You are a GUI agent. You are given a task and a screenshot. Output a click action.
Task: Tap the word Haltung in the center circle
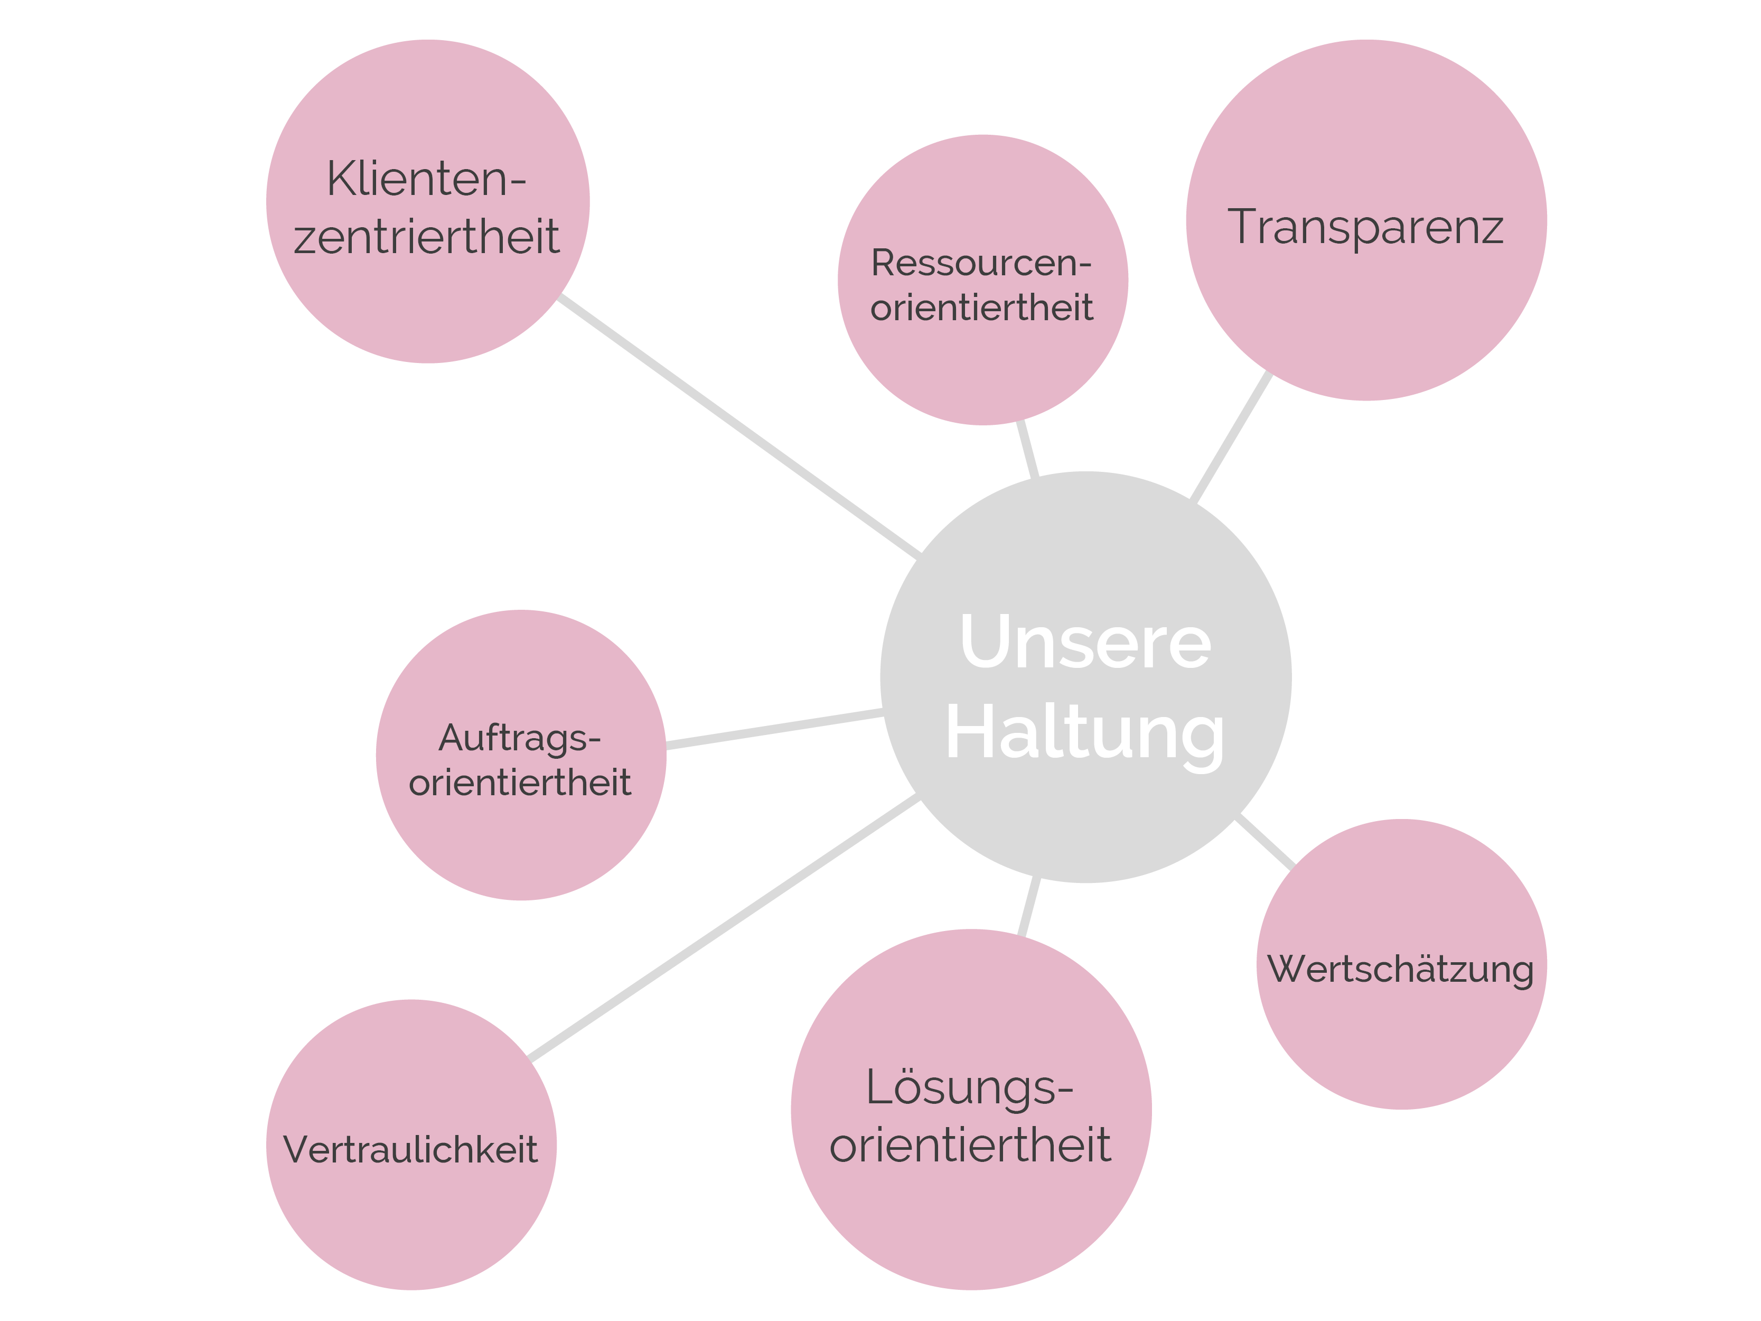[x=1084, y=734]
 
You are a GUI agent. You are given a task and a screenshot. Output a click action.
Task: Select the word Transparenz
[x=1365, y=227]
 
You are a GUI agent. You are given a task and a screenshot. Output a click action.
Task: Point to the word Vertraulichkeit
[x=411, y=1150]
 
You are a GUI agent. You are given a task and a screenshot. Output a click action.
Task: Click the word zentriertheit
[x=427, y=237]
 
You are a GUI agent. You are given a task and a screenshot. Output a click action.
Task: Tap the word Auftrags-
[x=519, y=738]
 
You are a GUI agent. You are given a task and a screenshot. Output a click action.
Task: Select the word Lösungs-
[x=970, y=1087]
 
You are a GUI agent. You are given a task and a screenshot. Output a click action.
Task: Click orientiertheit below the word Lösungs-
[x=970, y=1146]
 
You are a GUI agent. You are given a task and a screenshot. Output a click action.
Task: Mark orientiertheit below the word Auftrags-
[x=519, y=783]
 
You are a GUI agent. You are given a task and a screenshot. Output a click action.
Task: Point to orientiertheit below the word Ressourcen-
[x=981, y=308]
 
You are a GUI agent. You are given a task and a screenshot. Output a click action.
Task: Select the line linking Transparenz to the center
[x=1231, y=437]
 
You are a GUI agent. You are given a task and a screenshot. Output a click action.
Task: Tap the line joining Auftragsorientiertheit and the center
[x=774, y=729]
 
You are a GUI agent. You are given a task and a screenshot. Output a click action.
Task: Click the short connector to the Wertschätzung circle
[x=1264, y=842]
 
